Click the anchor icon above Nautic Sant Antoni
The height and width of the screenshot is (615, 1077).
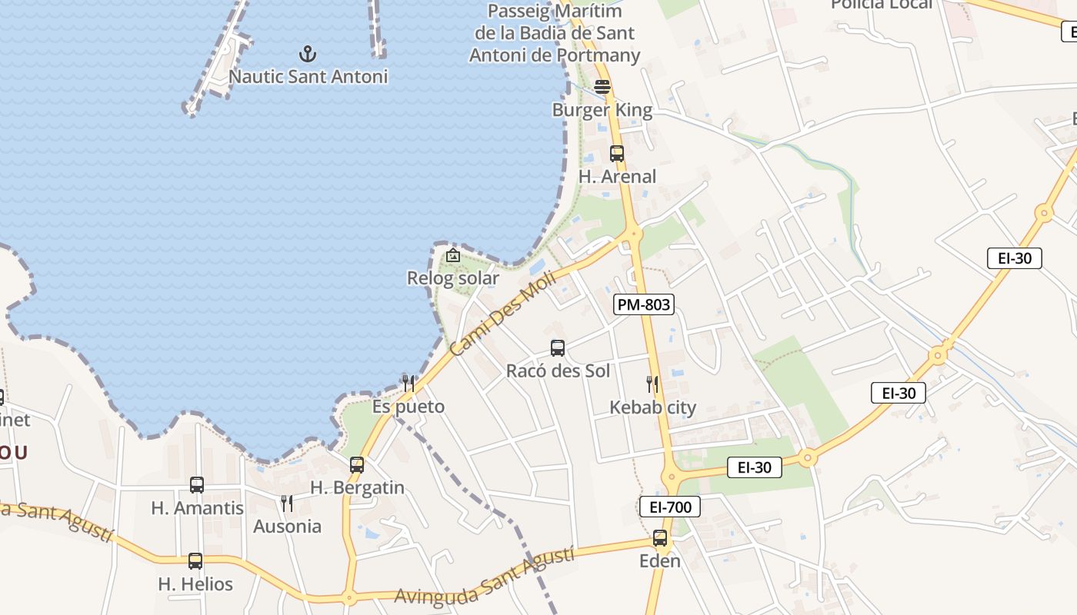point(308,54)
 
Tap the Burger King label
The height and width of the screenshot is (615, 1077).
point(602,110)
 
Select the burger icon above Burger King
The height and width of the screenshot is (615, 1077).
point(602,87)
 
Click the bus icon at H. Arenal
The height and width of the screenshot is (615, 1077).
point(617,154)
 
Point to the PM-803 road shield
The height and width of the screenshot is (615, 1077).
point(644,304)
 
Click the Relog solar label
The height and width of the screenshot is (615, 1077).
point(453,278)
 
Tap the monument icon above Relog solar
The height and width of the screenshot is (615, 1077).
point(453,255)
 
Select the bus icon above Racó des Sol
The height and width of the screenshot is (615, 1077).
point(558,348)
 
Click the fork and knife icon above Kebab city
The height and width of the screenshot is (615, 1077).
point(652,384)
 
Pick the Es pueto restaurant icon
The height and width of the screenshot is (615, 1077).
point(408,383)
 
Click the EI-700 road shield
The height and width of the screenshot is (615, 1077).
point(670,507)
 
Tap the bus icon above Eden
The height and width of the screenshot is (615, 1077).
point(660,538)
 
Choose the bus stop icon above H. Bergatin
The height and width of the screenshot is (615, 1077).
point(357,465)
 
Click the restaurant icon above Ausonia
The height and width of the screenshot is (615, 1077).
point(287,504)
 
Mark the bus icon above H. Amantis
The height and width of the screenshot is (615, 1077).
point(197,485)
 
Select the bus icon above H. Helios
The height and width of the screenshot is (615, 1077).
point(195,561)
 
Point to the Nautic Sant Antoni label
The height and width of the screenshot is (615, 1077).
point(308,77)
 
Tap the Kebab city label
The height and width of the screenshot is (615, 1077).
point(653,407)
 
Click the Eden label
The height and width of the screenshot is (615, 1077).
point(660,561)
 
